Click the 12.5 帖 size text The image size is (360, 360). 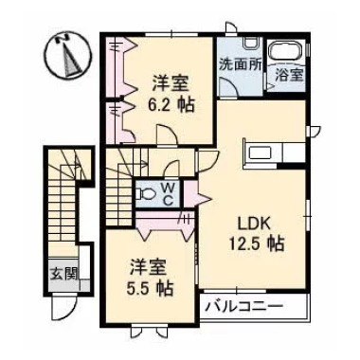[x=260, y=243]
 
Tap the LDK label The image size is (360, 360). [x=254, y=224]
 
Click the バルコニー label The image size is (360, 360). [x=243, y=307]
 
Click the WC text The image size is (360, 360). [x=166, y=193]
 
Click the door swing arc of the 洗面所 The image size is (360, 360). [x=228, y=87]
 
